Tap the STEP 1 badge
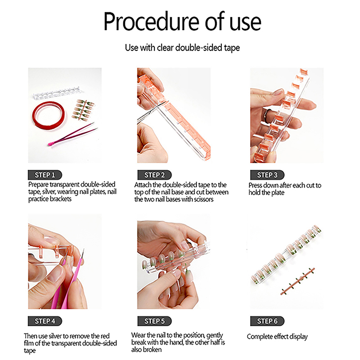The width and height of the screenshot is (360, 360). click(x=45, y=175)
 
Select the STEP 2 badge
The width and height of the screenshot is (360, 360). click(x=154, y=175)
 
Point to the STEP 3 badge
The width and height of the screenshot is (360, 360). click(x=267, y=175)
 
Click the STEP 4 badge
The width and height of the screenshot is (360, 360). click(x=45, y=321)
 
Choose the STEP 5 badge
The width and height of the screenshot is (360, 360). click(x=154, y=321)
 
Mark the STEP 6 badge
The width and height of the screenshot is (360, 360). click(x=267, y=321)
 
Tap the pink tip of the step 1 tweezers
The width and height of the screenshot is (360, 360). click(x=50, y=144)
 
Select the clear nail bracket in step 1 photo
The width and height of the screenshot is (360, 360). click(x=56, y=93)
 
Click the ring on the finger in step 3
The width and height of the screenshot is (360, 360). click(x=267, y=113)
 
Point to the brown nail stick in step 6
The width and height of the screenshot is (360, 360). click(x=297, y=281)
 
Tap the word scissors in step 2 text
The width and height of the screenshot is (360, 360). click(x=204, y=199)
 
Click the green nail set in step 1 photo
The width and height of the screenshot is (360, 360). click(x=83, y=110)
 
